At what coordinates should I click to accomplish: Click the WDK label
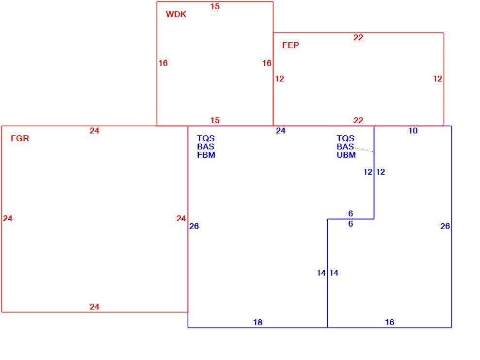pos(176,14)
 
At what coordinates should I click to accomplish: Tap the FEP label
pos(290,45)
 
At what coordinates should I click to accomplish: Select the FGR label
pos(20,138)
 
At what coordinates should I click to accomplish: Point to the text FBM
pos(206,155)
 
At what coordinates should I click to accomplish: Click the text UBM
pos(346,155)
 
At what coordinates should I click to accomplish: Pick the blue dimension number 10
pos(413,131)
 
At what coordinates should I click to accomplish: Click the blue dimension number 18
pos(258,322)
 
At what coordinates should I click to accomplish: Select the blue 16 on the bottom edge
pos(389,322)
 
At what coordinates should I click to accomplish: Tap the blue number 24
pos(280,131)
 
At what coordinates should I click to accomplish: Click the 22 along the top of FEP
pos(358,37)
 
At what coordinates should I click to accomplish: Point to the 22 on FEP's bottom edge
pos(358,120)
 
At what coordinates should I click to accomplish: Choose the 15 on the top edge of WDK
pos(215,6)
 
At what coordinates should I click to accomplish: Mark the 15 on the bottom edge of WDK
pos(215,120)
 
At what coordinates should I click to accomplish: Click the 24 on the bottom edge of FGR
pos(94,306)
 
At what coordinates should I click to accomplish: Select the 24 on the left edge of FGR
pos(8,218)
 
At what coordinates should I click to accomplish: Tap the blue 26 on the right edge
pos(445,226)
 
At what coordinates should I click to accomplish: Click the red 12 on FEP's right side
pos(437,79)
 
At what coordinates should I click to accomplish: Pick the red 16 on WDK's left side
pos(163,63)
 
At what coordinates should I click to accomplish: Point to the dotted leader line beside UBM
pos(364,150)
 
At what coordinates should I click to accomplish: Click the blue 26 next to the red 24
pos(194,226)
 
